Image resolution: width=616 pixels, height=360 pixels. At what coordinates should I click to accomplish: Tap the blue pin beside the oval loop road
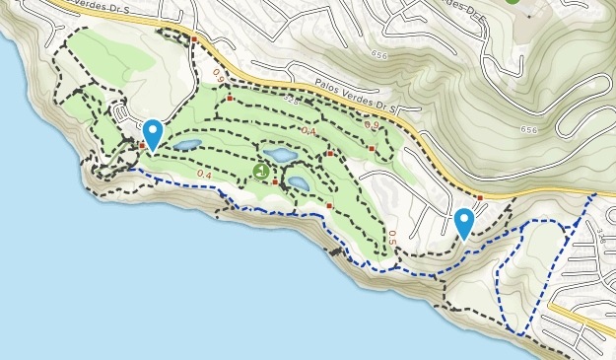[x=153, y=133]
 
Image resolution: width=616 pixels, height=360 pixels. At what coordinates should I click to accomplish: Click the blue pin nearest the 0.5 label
[x=464, y=223]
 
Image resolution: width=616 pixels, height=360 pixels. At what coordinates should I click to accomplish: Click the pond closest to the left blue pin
[x=186, y=145]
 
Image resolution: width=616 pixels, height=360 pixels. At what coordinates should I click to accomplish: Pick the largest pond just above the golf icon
[x=280, y=155]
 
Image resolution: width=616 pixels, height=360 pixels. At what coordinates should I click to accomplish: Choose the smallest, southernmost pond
[x=298, y=183]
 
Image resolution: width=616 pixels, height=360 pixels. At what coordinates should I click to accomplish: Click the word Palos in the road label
[x=332, y=87]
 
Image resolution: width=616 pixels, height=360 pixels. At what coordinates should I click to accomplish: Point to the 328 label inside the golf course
[x=291, y=101]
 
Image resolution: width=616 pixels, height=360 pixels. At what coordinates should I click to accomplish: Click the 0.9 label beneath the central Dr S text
[x=371, y=125]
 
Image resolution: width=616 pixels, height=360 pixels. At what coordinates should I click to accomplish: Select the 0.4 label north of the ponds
[x=308, y=131]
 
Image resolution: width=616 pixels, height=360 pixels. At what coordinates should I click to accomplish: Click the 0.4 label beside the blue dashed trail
[x=204, y=175]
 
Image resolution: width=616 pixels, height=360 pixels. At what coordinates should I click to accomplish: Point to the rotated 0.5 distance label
[x=391, y=237]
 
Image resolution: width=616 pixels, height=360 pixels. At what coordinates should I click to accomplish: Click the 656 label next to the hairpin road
[x=530, y=129]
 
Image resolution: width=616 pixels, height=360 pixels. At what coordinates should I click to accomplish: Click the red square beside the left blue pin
[x=142, y=146]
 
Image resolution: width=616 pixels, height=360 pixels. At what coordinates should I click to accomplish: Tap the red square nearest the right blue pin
[x=479, y=198]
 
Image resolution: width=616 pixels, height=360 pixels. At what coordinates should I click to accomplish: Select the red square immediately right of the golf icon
[x=275, y=181]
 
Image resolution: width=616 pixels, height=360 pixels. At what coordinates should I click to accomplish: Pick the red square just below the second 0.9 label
[x=372, y=148]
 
